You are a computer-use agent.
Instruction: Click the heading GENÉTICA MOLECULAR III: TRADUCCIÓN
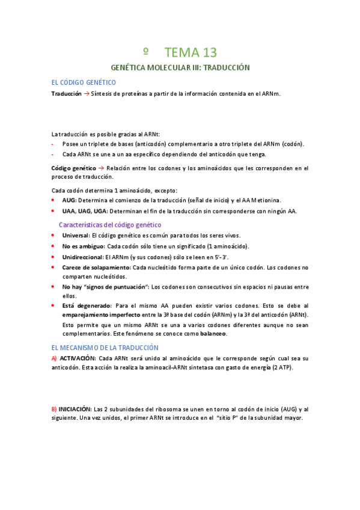point(180,68)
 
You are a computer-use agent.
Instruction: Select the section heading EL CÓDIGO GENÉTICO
point(84,82)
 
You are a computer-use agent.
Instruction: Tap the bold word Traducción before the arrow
point(66,94)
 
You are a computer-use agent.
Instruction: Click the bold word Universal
point(75,235)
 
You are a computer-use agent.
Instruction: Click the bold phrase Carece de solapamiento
point(96,268)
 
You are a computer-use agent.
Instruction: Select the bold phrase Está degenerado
point(87,306)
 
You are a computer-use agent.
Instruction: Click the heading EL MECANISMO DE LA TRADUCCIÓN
point(105,348)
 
